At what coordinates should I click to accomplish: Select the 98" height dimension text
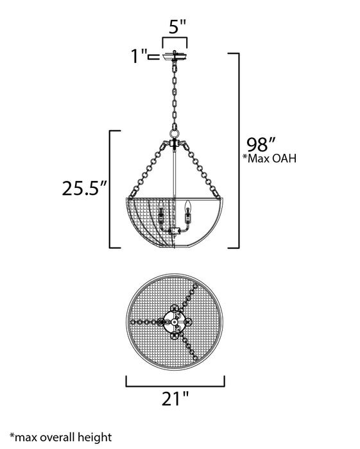(263, 142)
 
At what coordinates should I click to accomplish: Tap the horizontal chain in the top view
(146, 320)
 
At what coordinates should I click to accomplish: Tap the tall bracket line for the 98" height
(237, 151)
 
